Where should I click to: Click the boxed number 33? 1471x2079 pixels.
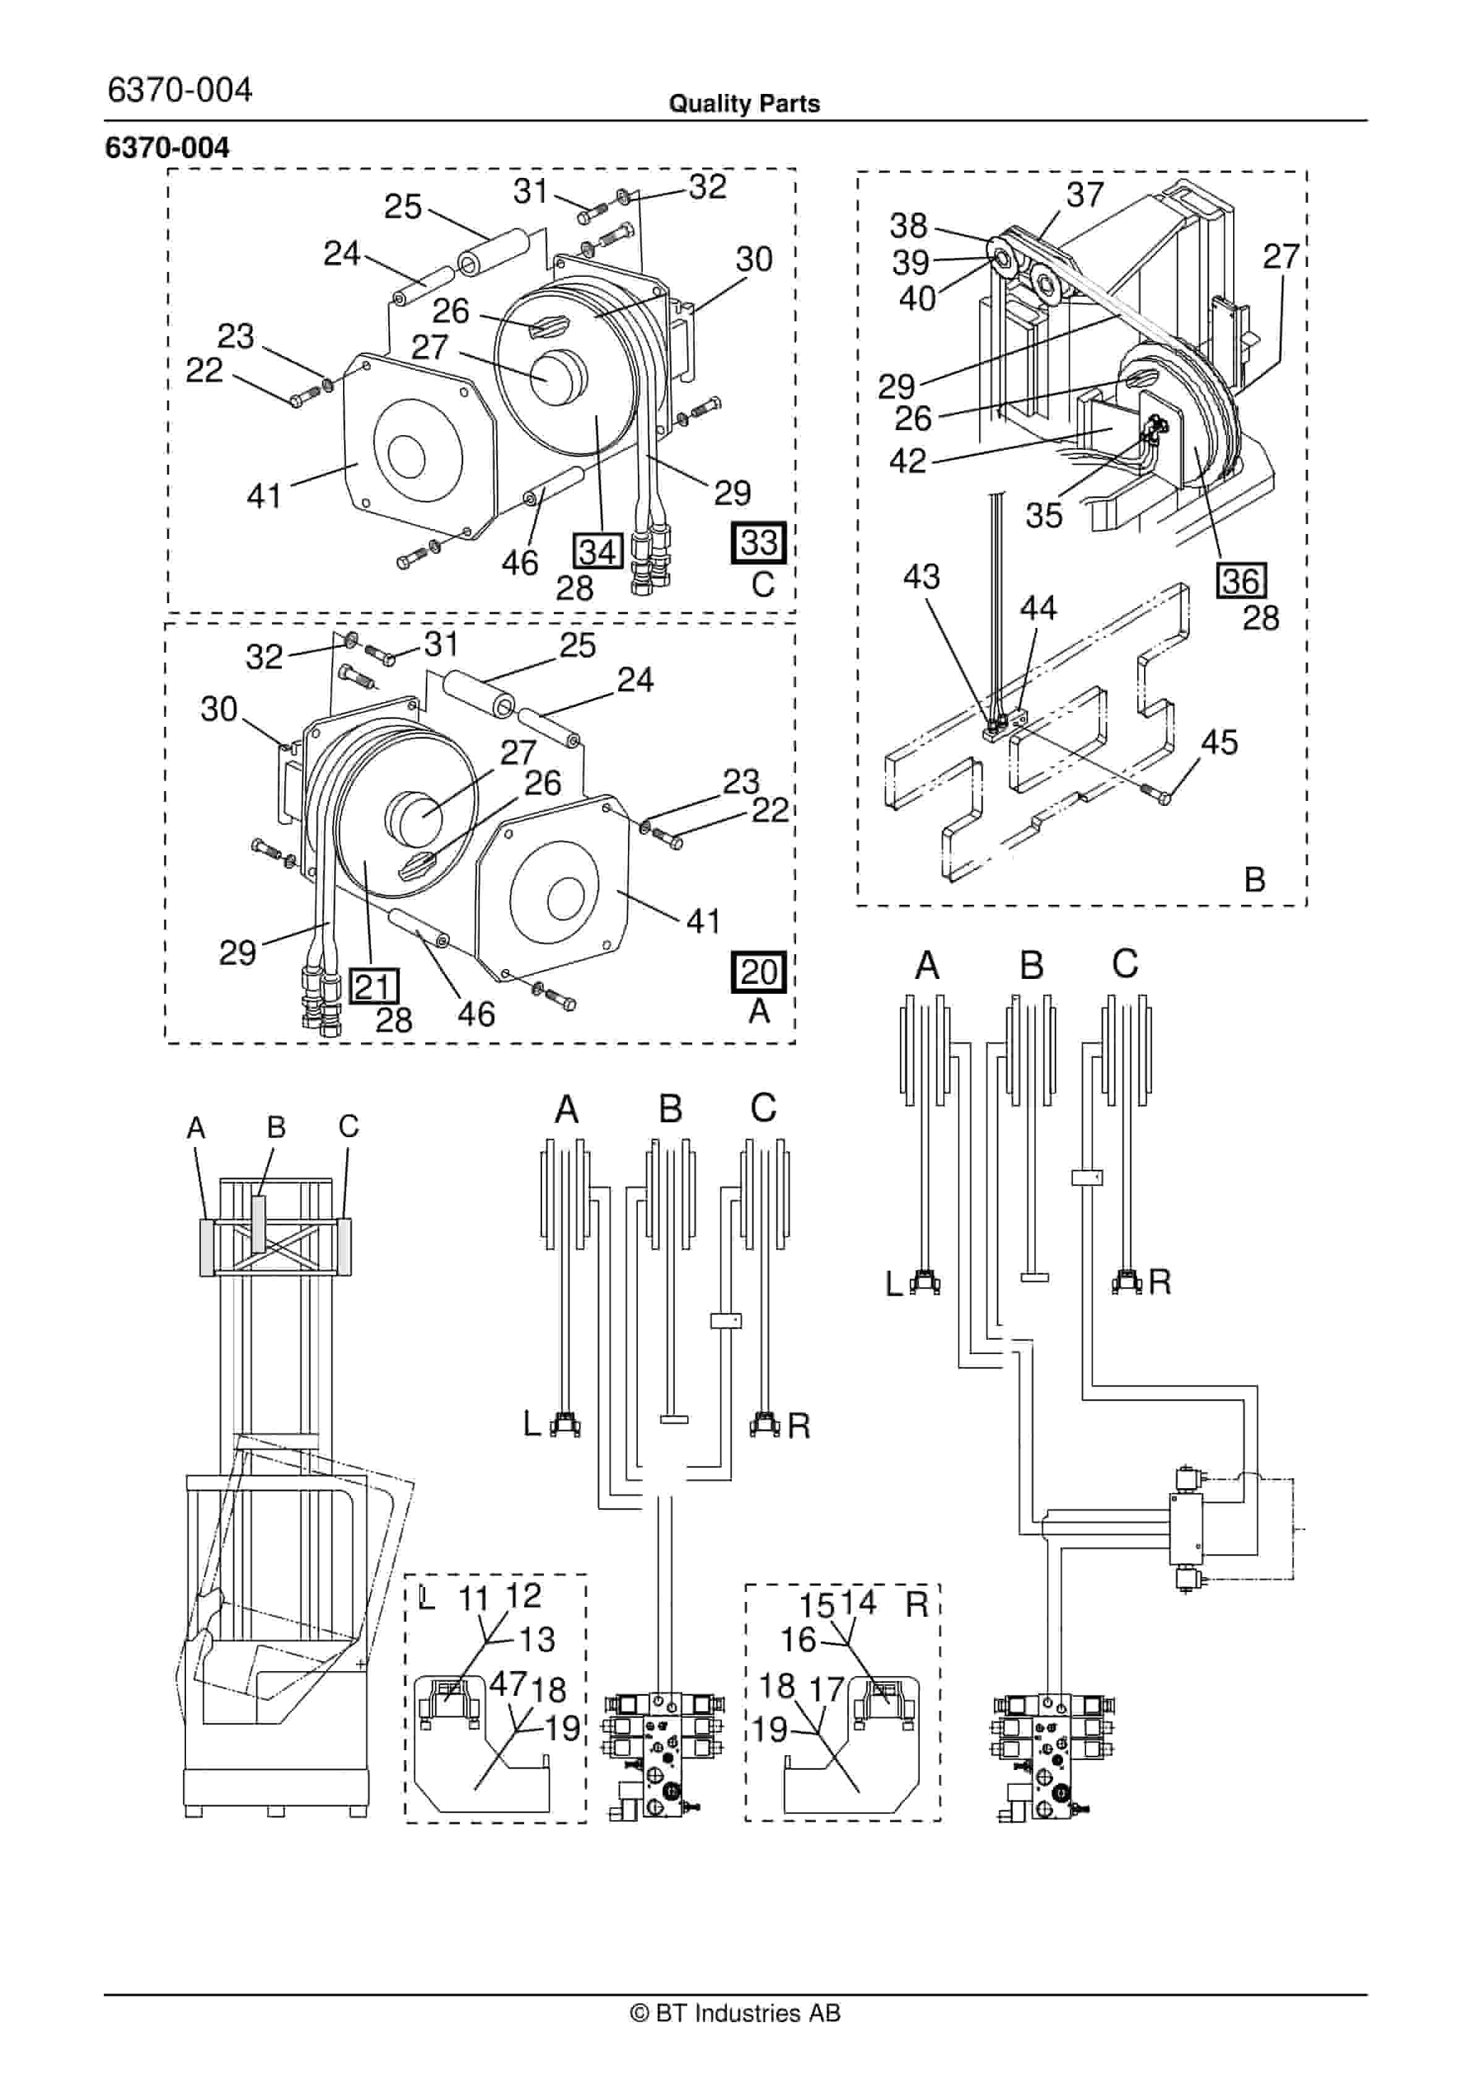758,543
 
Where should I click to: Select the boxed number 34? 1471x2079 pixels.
597,551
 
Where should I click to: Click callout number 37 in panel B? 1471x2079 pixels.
1084,194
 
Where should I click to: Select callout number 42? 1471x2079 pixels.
907,461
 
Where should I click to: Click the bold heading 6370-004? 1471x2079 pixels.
167,148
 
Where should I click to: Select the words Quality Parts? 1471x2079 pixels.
744,104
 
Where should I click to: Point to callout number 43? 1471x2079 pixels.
921,577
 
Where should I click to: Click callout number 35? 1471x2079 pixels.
1043,515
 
